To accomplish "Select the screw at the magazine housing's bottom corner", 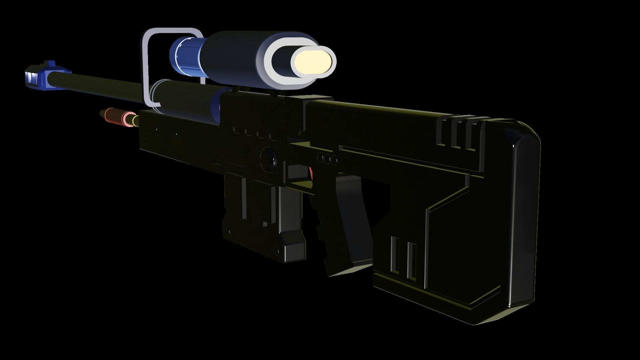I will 275,249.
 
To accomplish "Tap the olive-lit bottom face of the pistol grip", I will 350,268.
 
